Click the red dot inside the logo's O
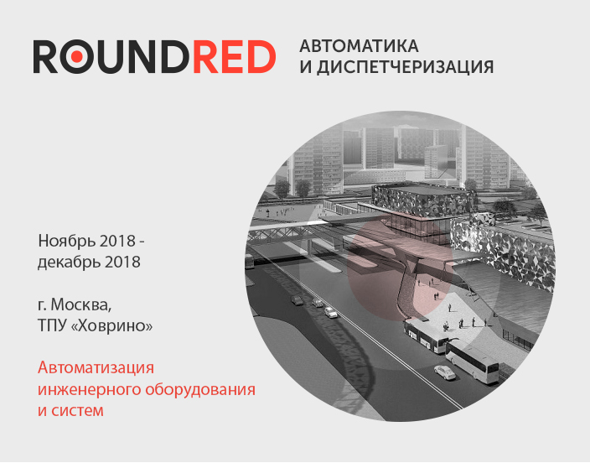tap(77, 56)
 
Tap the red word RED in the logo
tap(235, 56)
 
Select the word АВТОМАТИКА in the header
tap(359, 46)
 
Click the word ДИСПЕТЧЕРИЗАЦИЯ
tap(405, 67)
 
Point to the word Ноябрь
tap(64, 241)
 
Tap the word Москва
tap(81, 305)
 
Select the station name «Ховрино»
tap(111, 325)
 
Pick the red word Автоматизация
tap(96, 367)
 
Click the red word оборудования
tap(200, 389)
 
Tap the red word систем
tap(77, 411)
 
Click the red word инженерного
tap(90, 389)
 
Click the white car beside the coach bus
tap(445, 372)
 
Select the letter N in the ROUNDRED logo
tap(143, 56)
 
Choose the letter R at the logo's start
tap(45, 56)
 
